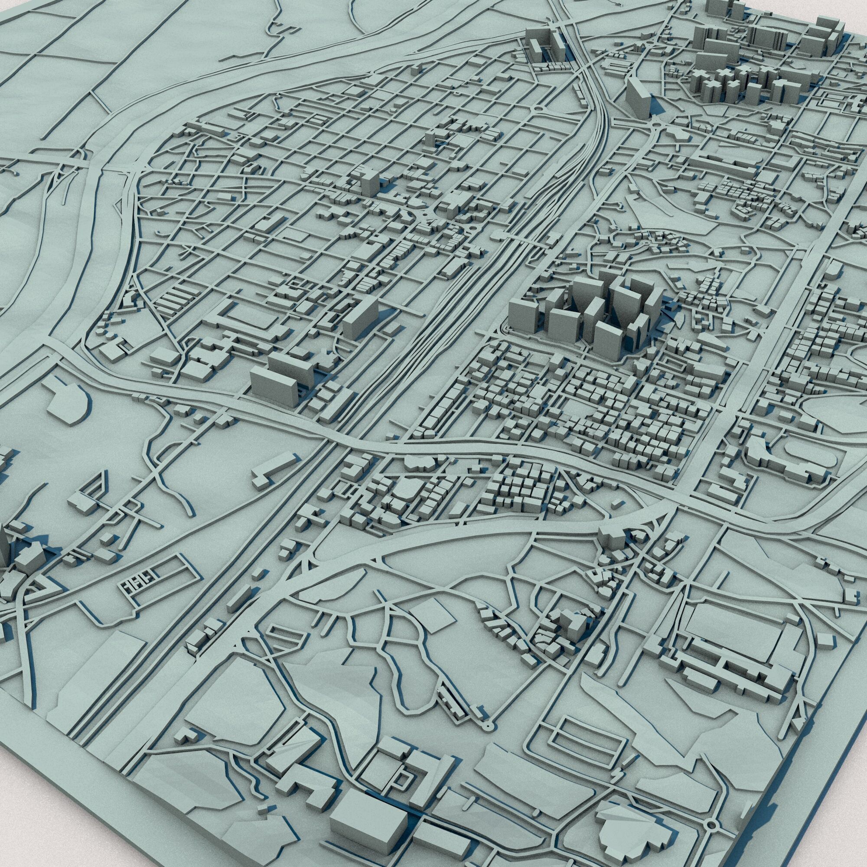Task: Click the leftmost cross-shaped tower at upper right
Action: point(698,81)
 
